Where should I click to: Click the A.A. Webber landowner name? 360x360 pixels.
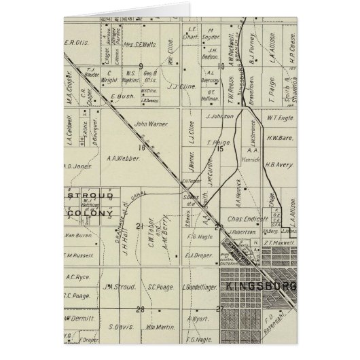(x=123, y=158)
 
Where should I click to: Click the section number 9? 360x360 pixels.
(x=141, y=66)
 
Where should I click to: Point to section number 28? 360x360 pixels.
(x=141, y=309)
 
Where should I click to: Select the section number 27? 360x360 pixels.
(x=219, y=309)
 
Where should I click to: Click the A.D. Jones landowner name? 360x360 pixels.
(x=77, y=164)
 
